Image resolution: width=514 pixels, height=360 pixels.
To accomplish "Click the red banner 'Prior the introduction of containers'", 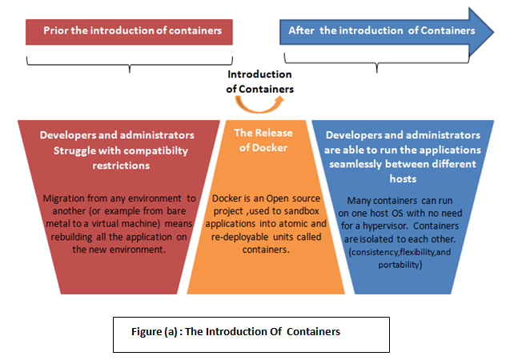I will click(129, 30).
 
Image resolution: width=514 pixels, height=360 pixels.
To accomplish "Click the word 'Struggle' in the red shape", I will click(73, 150).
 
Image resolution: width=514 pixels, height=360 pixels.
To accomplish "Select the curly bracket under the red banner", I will click(129, 61).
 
